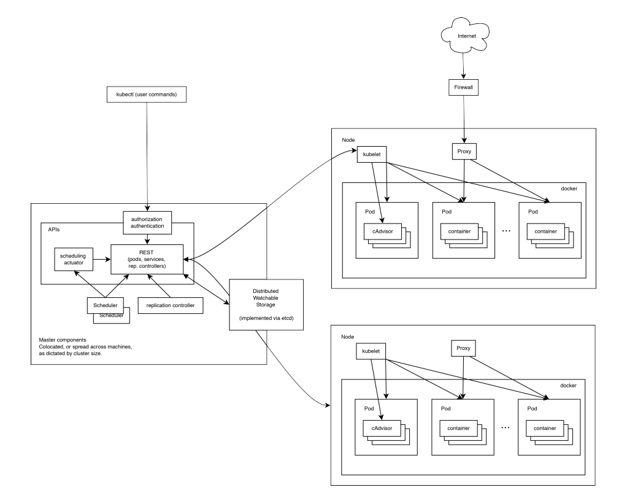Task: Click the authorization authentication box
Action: [x=147, y=222]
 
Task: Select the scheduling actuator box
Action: [x=73, y=260]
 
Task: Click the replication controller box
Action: [x=170, y=305]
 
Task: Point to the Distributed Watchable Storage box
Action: [x=266, y=304]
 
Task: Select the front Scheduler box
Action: [x=105, y=305]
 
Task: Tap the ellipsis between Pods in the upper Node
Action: [x=506, y=231]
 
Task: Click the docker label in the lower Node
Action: [x=569, y=384]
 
